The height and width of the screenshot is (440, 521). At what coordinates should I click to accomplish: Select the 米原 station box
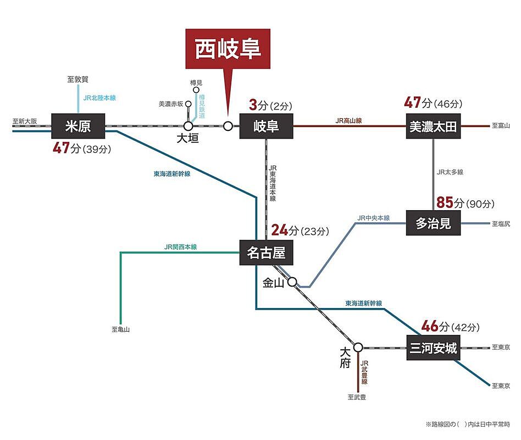(x=77, y=127)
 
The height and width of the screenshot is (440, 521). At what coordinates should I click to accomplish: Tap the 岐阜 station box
(x=266, y=127)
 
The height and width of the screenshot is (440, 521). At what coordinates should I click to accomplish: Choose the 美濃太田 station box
(x=433, y=127)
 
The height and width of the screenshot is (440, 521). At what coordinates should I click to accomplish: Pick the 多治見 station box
(x=433, y=223)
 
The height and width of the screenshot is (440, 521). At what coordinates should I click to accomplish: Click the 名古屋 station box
(x=266, y=254)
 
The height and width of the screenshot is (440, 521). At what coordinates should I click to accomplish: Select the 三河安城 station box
(x=433, y=348)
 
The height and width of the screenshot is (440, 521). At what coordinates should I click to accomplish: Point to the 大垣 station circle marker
(x=188, y=126)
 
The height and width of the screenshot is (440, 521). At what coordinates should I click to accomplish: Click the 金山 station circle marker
(x=292, y=282)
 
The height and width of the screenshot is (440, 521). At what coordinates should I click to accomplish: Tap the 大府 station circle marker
(x=358, y=348)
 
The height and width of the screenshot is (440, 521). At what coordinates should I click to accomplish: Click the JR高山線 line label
(x=349, y=120)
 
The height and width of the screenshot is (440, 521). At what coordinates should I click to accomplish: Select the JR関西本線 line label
(x=180, y=247)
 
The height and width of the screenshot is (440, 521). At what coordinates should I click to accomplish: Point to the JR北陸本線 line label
(x=99, y=98)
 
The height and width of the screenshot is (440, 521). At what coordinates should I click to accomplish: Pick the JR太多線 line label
(x=450, y=172)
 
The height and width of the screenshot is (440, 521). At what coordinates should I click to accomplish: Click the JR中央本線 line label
(x=373, y=218)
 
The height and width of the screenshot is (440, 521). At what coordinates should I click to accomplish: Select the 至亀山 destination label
(x=120, y=329)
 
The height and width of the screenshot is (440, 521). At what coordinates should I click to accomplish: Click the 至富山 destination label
(x=501, y=126)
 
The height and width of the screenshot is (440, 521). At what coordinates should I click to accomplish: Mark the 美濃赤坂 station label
(x=170, y=103)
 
